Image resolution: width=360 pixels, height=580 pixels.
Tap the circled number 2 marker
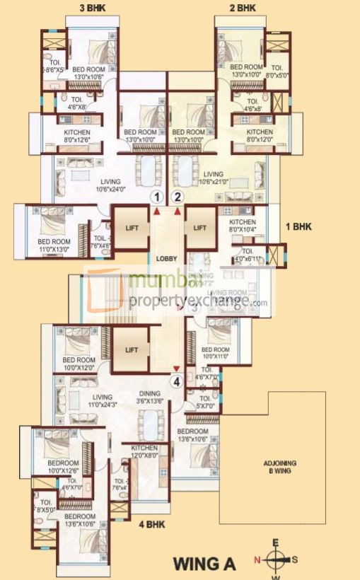coord(178,197)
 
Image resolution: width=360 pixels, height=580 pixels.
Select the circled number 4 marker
coord(176,382)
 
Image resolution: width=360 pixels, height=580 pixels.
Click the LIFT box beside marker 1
coord(130,228)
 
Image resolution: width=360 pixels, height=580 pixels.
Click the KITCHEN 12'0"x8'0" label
coord(144,453)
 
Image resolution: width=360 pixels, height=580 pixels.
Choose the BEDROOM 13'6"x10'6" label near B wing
coord(193,435)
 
